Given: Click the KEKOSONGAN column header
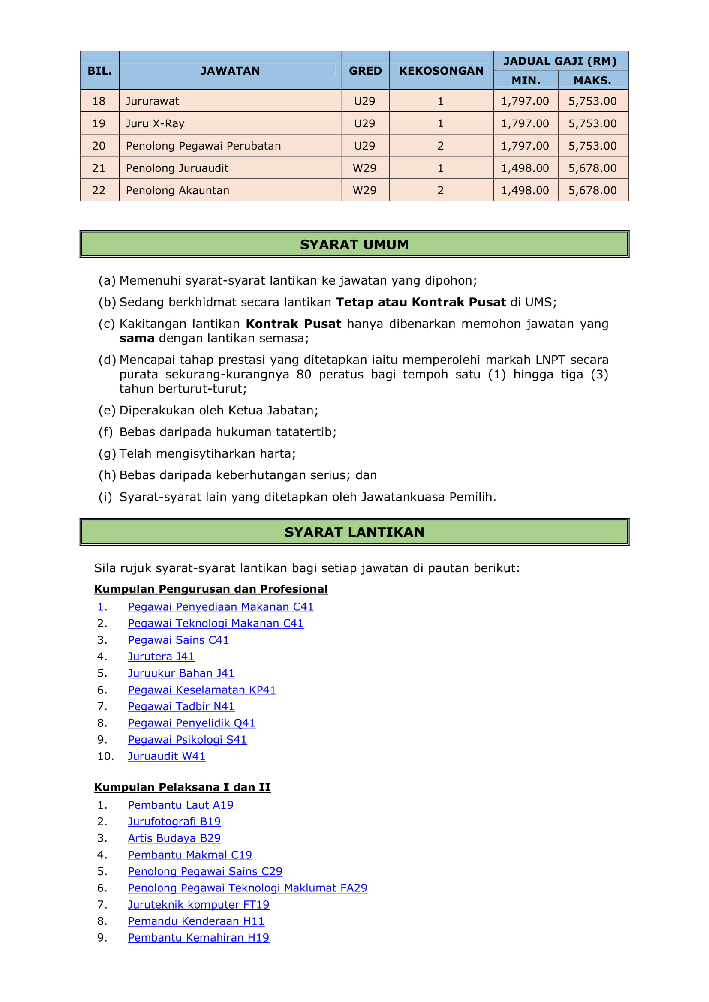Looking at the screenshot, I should (x=441, y=71).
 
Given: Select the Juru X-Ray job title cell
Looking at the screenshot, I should (x=155, y=123).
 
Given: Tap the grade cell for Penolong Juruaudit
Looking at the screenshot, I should (x=364, y=168).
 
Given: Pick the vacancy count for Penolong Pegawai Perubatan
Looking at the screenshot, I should (x=441, y=146).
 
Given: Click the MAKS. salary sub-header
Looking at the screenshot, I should (x=592, y=80).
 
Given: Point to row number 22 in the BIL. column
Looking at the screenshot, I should (x=99, y=190).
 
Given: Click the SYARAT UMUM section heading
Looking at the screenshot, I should (x=354, y=244).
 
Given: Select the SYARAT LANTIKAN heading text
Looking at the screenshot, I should (x=354, y=532).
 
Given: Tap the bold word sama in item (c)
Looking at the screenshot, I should (x=137, y=338).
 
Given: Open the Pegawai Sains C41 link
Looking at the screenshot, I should (x=178, y=640).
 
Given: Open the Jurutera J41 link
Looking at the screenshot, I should (x=161, y=657).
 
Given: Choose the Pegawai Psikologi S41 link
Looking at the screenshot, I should (x=187, y=739).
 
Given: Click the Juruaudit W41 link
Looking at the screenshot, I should (x=166, y=756).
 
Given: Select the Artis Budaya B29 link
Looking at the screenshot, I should (x=174, y=838).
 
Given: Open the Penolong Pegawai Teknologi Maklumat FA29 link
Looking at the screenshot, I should (x=247, y=888).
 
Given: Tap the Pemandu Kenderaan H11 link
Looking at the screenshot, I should (x=196, y=921).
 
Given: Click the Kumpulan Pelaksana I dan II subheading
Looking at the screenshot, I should (x=182, y=787).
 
